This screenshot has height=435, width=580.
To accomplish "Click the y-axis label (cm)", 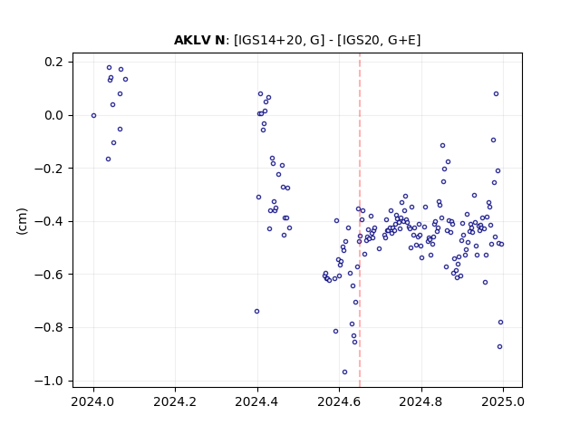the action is click(22, 221).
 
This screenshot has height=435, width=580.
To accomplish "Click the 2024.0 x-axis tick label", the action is click(93, 401).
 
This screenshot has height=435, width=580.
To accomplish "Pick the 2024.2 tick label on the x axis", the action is click(175, 401).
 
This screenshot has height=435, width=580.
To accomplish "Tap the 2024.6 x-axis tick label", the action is click(339, 401).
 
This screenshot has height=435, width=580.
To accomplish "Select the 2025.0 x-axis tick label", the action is click(503, 401).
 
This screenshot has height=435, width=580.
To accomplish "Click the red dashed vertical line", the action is click(360, 220).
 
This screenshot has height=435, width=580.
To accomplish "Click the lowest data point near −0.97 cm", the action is click(344, 372).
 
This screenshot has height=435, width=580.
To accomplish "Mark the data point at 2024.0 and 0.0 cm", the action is click(93, 115).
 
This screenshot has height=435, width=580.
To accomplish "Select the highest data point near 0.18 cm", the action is click(109, 68).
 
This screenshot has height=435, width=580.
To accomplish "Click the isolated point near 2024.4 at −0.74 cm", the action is click(256, 312).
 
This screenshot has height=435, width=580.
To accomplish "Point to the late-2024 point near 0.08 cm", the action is click(496, 94).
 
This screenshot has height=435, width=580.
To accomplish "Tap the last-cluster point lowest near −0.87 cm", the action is click(499, 346).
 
